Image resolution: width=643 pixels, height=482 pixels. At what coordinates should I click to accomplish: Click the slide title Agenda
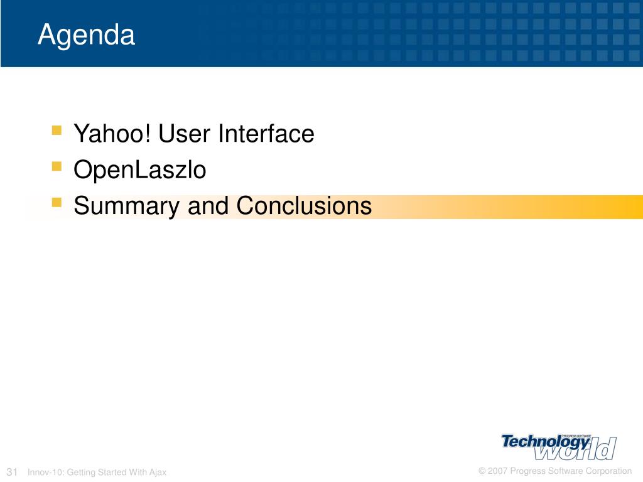86,35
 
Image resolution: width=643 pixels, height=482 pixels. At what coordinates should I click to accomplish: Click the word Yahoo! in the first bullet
112,133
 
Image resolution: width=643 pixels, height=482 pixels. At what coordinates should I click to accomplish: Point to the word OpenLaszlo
140,170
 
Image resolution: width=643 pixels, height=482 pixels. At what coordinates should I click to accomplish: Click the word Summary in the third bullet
126,206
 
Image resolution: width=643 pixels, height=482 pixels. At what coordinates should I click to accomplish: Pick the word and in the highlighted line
208,205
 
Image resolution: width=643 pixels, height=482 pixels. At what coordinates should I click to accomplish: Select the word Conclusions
305,205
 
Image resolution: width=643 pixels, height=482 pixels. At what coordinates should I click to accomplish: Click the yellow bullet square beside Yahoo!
57,131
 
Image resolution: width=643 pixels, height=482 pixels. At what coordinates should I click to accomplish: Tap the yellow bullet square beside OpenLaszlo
57,166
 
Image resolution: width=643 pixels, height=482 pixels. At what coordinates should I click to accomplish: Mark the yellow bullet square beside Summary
57,203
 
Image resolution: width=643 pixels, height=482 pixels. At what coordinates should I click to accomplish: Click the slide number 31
12,472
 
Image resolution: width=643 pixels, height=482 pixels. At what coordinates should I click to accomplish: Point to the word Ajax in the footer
158,473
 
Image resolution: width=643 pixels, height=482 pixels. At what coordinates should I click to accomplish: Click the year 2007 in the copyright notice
498,471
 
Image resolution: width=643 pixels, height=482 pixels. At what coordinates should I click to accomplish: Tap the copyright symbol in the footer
482,471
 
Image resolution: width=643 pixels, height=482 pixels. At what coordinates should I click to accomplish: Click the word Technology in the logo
546,442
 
